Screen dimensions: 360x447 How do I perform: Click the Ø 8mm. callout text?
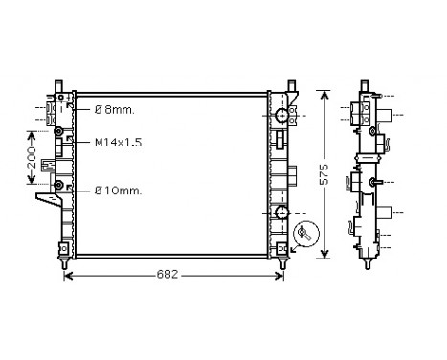(x=115, y=110)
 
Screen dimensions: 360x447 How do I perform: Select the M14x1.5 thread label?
(x=117, y=142)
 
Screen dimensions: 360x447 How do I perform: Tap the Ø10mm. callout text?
(x=118, y=191)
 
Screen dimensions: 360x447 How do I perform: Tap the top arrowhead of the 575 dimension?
(x=325, y=96)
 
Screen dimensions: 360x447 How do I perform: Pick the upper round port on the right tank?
(x=281, y=116)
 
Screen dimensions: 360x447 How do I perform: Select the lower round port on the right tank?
(x=281, y=212)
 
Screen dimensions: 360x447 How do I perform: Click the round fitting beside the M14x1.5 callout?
(x=58, y=131)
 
